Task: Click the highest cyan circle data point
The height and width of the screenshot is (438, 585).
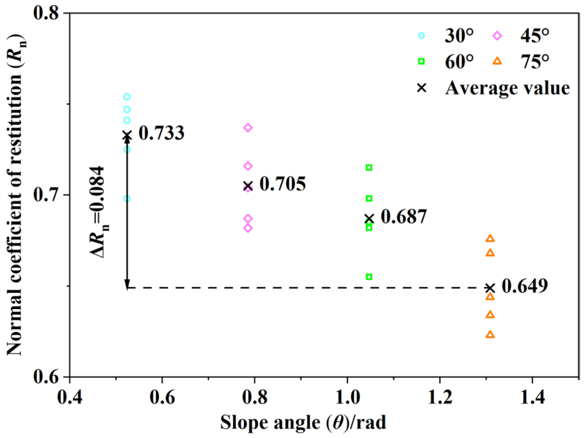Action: click(x=127, y=97)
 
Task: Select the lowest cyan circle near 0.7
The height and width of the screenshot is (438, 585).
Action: click(x=127, y=198)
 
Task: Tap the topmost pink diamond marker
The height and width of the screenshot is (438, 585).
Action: click(x=248, y=128)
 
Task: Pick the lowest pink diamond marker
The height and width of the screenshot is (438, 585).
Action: click(x=248, y=228)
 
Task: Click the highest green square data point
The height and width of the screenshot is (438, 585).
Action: click(x=369, y=168)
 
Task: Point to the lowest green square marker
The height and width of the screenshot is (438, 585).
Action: click(x=369, y=277)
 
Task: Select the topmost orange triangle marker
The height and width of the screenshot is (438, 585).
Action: click(x=490, y=238)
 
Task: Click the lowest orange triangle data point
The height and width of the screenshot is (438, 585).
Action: click(x=490, y=334)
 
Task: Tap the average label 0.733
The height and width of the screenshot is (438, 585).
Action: click(x=161, y=133)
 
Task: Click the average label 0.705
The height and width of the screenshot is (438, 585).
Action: click(x=282, y=184)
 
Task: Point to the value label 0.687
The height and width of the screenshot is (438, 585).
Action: click(x=403, y=217)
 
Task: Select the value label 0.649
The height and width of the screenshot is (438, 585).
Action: click(x=524, y=286)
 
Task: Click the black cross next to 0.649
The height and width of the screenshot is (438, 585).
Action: click(x=490, y=288)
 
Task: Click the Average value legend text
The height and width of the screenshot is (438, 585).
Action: click(x=507, y=88)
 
